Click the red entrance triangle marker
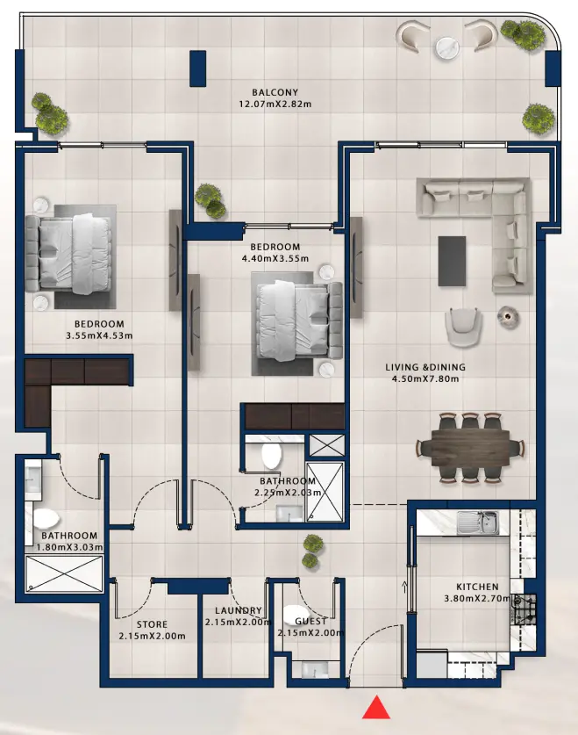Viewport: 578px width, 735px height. (376, 707)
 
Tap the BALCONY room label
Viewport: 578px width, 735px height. (275, 92)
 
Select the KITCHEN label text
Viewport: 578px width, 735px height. (477, 587)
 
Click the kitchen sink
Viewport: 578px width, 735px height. (477, 522)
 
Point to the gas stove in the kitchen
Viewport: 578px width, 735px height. (524, 609)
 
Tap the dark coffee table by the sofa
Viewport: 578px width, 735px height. (452, 261)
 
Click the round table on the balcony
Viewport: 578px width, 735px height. (448, 47)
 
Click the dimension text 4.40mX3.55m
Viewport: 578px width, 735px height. (275, 258)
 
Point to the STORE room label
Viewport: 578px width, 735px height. (152, 624)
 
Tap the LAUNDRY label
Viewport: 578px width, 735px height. (239, 610)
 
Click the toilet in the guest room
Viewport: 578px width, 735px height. (296, 615)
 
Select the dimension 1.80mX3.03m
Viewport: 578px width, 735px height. (70, 547)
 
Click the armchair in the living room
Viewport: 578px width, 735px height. (463, 327)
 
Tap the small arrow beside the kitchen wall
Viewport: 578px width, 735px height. (405, 587)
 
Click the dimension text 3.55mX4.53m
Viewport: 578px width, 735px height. (99, 335)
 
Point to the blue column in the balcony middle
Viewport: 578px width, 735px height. (198, 68)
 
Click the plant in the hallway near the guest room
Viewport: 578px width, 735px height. (311, 551)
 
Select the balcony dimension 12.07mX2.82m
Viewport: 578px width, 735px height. (275, 104)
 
